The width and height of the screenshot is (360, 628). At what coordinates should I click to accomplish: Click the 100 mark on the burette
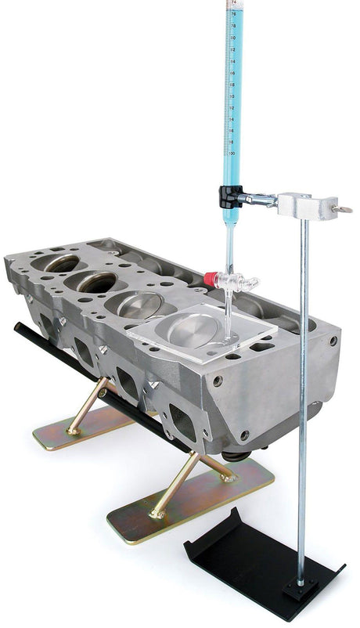[x=232, y=153]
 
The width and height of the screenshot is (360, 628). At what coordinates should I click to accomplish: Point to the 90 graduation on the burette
[x=232, y=97]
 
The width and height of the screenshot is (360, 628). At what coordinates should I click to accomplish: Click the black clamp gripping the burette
[x=229, y=196]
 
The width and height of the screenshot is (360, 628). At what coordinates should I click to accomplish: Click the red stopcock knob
[x=210, y=277]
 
